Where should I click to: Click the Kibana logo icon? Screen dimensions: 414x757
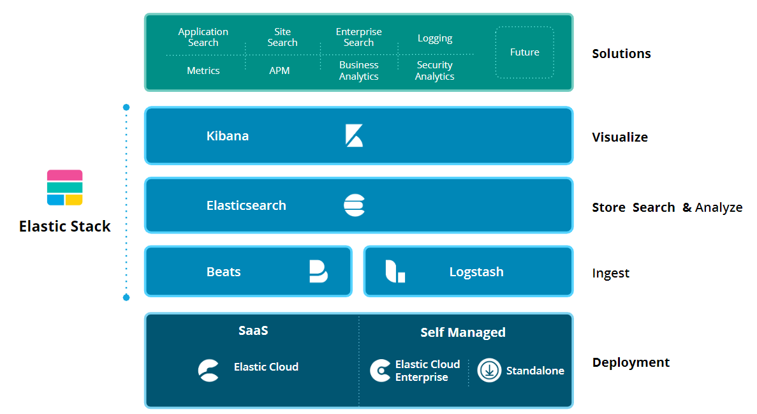pyautogui.click(x=354, y=136)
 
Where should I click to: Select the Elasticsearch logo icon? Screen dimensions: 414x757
pyautogui.click(x=354, y=205)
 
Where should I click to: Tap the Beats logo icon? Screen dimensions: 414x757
pyautogui.click(x=318, y=271)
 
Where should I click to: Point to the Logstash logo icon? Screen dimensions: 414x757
pyautogui.click(x=395, y=271)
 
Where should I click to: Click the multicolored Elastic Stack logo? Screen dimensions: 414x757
pyautogui.click(x=65, y=188)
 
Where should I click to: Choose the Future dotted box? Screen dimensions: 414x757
pyautogui.click(x=524, y=52)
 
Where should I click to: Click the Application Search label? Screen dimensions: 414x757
pyautogui.click(x=203, y=37)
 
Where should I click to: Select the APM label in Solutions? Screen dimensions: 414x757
pyautogui.click(x=279, y=71)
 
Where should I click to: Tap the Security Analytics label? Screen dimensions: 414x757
pyautogui.click(x=434, y=71)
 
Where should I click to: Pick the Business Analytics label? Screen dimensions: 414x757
pyautogui.click(x=358, y=71)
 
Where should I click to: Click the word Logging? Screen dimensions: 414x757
pyautogui.click(x=435, y=38)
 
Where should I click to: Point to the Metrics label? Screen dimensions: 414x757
pyautogui.click(x=203, y=71)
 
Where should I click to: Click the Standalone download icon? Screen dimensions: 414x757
pyautogui.click(x=489, y=370)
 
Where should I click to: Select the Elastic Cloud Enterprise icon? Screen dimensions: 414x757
pyautogui.click(x=380, y=371)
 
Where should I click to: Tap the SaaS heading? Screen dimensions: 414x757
pyautogui.click(x=253, y=330)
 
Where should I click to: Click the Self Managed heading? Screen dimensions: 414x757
pyautogui.click(x=463, y=332)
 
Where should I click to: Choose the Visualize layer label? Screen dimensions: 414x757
pyautogui.click(x=619, y=137)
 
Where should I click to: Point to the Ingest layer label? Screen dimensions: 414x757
pyautogui.click(x=610, y=273)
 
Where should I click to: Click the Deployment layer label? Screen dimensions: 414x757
pyautogui.click(x=631, y=362)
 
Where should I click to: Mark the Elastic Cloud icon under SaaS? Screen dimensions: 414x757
pyautogui.click(x=209, y=370)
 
